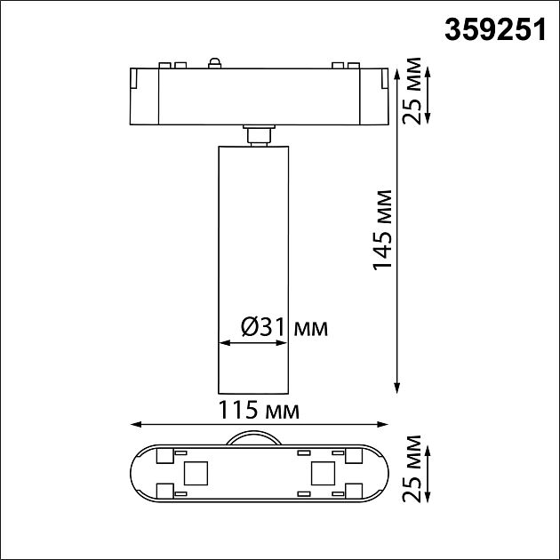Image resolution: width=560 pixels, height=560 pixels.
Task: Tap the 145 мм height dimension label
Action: (383, 229)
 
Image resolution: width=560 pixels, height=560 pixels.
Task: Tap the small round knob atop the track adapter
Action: (213, 61)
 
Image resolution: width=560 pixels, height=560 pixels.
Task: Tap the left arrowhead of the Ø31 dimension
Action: (222, 342)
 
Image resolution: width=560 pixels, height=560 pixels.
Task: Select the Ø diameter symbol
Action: (250, 327)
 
